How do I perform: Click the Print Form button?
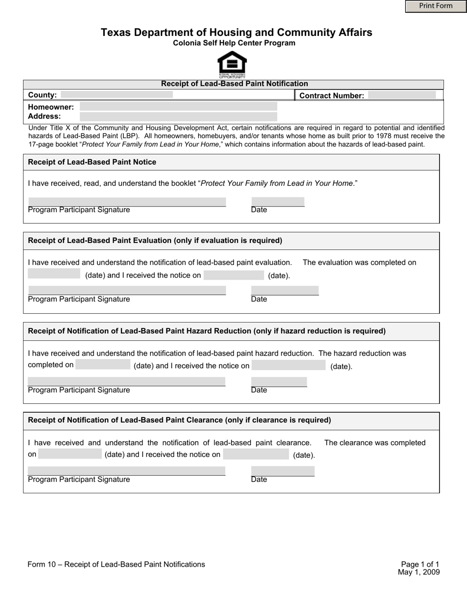(x=436, y=6)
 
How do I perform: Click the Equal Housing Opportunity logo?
(x=232, y=64)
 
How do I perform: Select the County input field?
(x=117, y=94)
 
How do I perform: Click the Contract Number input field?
(x=402, y=95)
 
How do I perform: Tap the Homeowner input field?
(x=178, y=106)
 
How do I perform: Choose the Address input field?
(x=178, y=117)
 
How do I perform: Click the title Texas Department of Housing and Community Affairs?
(x=236, y=32)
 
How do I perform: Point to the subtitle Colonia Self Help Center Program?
(x=234, y=43)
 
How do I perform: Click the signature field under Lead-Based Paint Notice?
(x=127, y=202)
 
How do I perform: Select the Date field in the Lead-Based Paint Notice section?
(x=278, y=202)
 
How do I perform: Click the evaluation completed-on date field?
(x=54, y=274)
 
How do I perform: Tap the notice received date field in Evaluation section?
(x=233, y=275)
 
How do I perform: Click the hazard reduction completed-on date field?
(x=103, y=364)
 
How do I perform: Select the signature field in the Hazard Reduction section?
(x=126, y=381)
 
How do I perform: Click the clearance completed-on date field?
(x=70, y=454)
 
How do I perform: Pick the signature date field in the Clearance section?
(x=283, y=471)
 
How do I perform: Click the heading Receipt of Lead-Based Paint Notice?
(x=92, y=162)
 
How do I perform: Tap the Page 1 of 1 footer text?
(x=420, y=564)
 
